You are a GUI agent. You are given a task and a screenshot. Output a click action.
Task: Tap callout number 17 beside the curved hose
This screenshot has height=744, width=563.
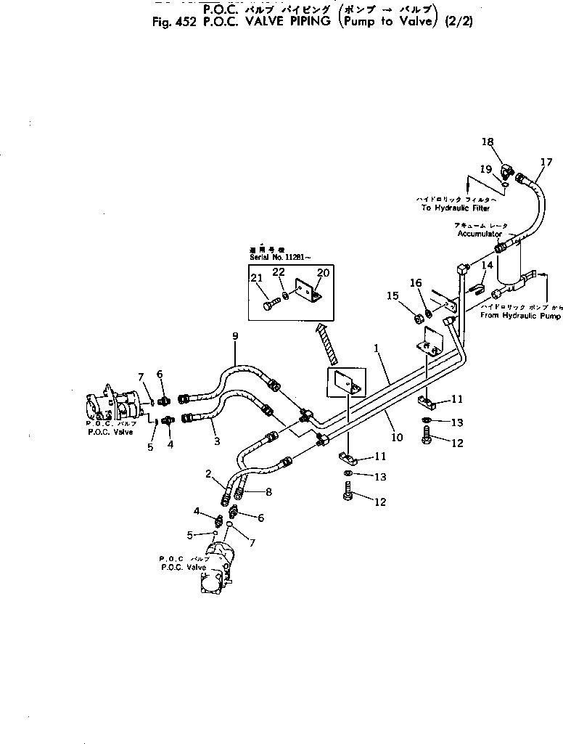click(546, 161)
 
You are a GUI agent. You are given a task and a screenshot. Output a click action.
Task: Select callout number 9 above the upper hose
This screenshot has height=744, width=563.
click(235, 337)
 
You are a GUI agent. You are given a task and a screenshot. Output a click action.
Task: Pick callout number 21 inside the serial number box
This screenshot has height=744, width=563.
click(256, 278)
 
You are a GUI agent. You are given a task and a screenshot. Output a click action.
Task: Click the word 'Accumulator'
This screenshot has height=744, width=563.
click(480, 234)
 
